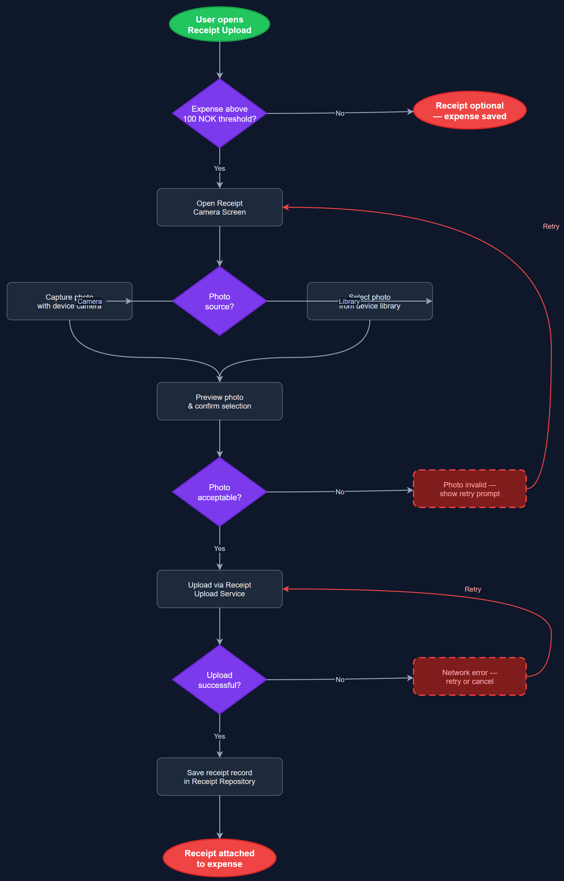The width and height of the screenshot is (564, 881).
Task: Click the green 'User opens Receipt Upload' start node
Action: point(219,24)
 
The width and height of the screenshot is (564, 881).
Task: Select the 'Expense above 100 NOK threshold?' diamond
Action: point(219,114)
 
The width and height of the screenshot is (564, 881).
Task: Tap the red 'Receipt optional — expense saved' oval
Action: point(470,110)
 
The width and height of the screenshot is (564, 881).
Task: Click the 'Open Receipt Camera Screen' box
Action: point(219,208)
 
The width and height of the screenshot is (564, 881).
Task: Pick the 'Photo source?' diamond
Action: point(219,301)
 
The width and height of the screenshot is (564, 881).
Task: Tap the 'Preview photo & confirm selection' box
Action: point(219,401)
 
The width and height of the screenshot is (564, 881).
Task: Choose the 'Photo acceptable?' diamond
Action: point(219,492)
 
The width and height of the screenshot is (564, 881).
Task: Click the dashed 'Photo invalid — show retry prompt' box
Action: point(470,489)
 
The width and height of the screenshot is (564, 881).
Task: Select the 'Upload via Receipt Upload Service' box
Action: point(219,589)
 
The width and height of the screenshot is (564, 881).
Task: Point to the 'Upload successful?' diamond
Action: point(219,680)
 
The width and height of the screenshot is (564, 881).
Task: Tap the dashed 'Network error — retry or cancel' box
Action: point(470,677)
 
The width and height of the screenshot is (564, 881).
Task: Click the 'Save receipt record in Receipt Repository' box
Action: point(219,777)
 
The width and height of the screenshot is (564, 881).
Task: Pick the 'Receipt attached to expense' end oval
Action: point(219,858)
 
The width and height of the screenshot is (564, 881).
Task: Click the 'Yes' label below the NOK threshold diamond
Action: point(219,168)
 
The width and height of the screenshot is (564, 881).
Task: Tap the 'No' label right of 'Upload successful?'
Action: point(340,680)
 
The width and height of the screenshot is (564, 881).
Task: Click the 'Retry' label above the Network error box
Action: point(473,589)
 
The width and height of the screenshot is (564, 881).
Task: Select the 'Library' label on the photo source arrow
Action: point(349,301)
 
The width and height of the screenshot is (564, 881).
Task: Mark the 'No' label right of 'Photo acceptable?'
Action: point(340,492)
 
